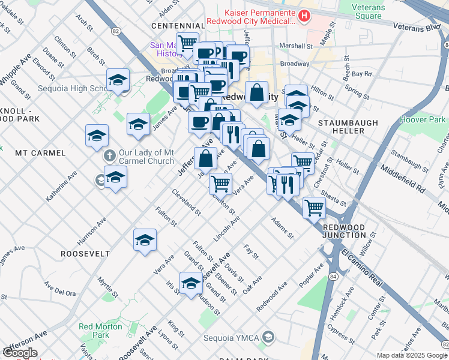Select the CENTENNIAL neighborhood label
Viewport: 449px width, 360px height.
click(178, 26)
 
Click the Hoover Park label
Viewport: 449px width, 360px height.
click(423, 120)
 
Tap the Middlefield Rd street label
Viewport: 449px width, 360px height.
click(402, 179)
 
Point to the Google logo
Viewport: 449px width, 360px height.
click(20, 353)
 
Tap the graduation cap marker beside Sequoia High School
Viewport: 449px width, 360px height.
click(118, 81)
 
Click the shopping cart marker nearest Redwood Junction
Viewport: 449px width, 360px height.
click(314, 209)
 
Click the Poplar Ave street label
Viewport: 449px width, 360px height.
click(316, 273)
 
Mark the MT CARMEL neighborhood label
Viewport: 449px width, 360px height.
click(40, 153)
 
